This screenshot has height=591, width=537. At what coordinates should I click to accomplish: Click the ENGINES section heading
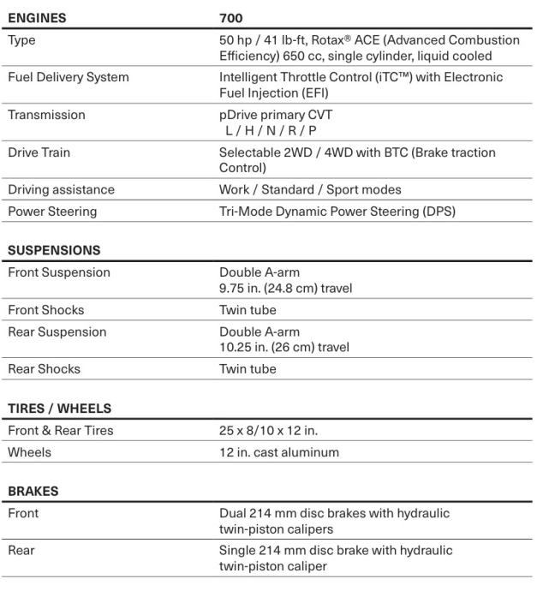tap(37, 17)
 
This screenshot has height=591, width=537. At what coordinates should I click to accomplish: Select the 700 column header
tap(231, 17)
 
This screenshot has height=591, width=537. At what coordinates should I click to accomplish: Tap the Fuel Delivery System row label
tap(69, 77)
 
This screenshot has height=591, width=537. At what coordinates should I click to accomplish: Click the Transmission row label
tap(46, 115)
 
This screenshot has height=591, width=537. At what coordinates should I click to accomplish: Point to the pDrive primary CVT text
tap(276, 115)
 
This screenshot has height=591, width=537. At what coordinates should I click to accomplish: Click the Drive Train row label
tap(39, 152)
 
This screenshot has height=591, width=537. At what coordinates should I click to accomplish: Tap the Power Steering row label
tap(52, 211)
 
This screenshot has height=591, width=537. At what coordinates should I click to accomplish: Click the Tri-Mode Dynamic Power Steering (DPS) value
tap(337, 211)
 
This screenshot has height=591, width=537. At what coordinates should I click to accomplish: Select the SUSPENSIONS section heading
tap(54, 250)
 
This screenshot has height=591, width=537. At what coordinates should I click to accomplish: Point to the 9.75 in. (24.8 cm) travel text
tap(285, 288)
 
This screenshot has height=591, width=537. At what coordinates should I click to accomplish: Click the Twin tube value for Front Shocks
tap(248, 310)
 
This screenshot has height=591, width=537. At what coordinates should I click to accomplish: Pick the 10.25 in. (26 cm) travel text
tap(284, 347)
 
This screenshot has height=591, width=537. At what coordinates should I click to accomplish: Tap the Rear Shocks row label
tap(44, 369)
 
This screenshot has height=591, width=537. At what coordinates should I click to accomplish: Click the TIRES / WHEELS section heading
tap(60, 409)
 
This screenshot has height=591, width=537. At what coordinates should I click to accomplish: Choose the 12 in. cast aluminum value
tap(279, 451)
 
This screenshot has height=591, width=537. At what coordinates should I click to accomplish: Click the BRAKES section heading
tap(33, 492)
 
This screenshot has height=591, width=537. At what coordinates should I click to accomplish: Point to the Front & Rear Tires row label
tap(61, 430)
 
